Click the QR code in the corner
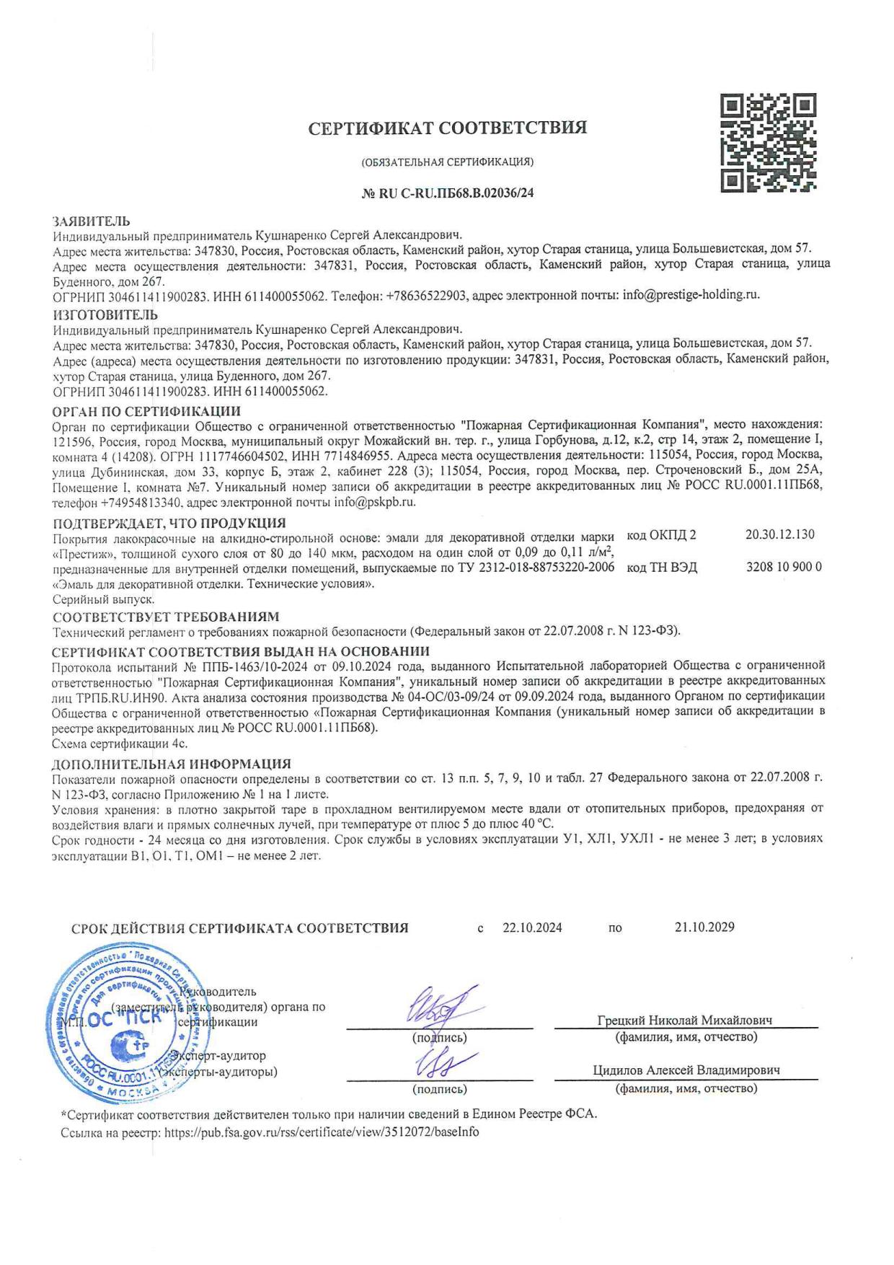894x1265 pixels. [x=769, y=142]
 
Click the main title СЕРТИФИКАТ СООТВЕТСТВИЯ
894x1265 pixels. [x=447, y=128]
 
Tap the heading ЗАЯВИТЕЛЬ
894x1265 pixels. [x=91, y=221]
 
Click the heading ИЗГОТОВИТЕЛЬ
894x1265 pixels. [x=106, y=314]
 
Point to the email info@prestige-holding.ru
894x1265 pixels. [x=691, y=294]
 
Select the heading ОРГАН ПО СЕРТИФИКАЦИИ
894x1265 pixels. [x=147, y=412]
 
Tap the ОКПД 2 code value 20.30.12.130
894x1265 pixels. [x=779, y=534]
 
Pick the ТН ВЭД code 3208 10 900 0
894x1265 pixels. [x=784, y=567]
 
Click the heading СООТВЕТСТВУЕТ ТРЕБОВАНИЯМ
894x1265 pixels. [x=165, y=617]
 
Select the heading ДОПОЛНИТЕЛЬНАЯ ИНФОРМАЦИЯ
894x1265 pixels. [x=172, y=764]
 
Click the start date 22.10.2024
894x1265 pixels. [x=532, y=927]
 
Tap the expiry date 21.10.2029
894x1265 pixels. [x=704, y=927]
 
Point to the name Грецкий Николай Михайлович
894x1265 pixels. [x=685, y=1021]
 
